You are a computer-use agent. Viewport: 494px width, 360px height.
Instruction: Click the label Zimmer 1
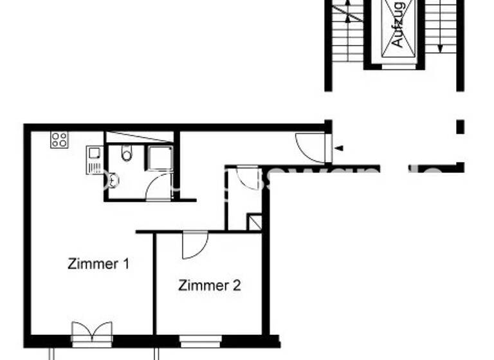[x=99, y=264]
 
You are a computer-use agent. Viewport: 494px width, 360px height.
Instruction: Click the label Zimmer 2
[x=210, y=285]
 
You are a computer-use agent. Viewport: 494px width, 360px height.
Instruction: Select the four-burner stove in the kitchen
[x=59, y=139]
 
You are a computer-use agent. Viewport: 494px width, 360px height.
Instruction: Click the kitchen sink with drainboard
[x=94, y=160]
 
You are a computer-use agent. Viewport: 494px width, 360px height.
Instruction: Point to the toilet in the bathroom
[x=126, y=153]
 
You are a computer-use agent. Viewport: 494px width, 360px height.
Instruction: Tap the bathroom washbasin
[x=114, y=180]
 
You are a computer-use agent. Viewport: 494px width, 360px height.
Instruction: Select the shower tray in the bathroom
[x=159, y=158]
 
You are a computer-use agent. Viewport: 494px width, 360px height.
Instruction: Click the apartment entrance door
[x=312, y=147]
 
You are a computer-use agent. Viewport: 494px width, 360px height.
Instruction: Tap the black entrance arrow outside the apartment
[x=339, y=148]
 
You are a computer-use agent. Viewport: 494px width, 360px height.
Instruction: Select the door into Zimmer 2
[x=194, y=246]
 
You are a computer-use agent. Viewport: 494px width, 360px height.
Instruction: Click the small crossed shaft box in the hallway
[x=255, y=222]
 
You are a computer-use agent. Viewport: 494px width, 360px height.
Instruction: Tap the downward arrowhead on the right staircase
[x=439, y=48]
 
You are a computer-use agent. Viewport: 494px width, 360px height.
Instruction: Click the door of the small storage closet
[x=246, y=177]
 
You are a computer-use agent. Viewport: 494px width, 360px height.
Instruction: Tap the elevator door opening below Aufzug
[x=399, y=65]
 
